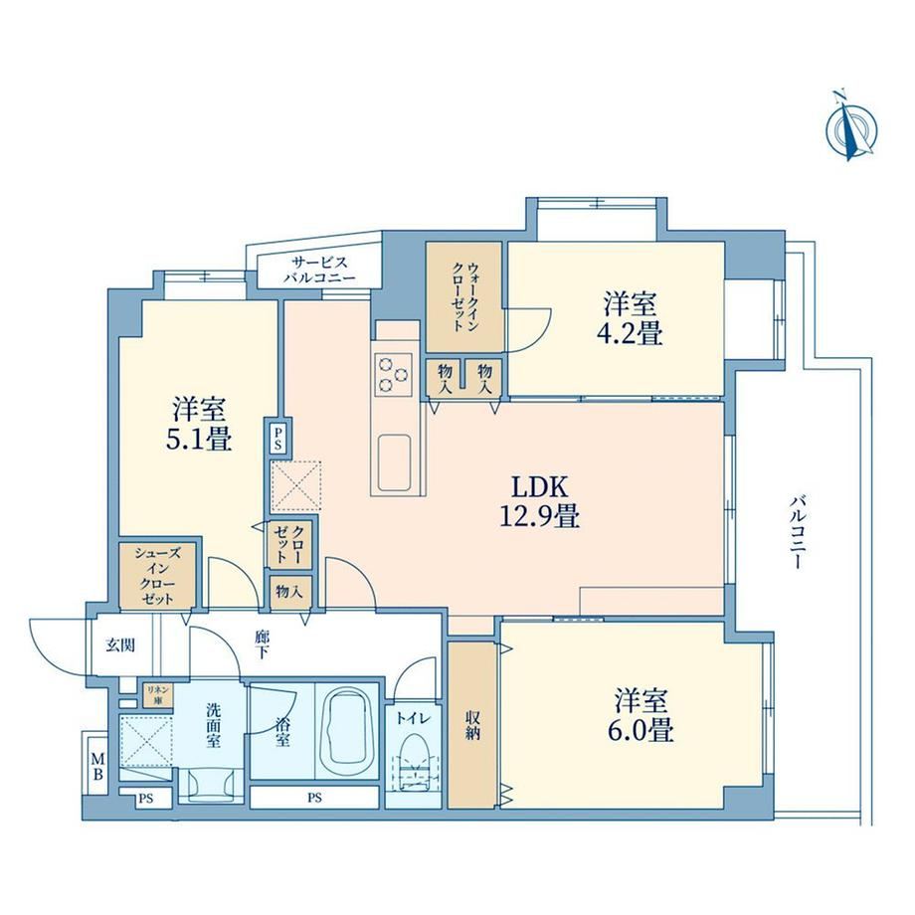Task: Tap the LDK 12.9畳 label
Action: pos(539,500)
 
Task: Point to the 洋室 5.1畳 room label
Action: pos(199,424)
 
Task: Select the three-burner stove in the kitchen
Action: pos(395,374)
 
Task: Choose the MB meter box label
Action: pos(97,767)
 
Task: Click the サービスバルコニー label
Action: pos(320,270)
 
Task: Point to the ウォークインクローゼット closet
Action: pos(463,297)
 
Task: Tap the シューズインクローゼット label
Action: pos(157,576)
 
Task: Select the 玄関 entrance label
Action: pos(120,644)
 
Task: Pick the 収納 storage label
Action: pos(472,725)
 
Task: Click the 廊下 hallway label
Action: pos(261,644)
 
